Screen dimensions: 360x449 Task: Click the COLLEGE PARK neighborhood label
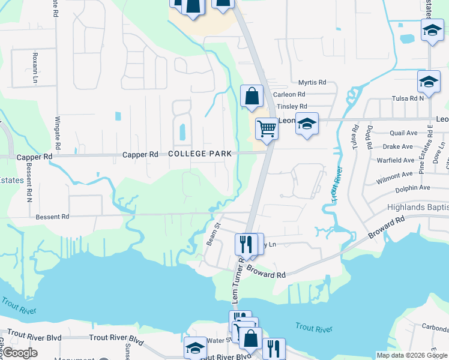click(200, 154)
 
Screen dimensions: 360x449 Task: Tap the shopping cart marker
click(267, 128)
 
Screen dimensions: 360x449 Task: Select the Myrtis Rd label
click(312, 82)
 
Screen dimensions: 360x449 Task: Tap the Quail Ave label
click(403, 133)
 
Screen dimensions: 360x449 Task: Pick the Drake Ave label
click(398, 146)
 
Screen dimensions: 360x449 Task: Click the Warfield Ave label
click(395, 160)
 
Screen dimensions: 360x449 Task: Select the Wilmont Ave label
click(394, 175)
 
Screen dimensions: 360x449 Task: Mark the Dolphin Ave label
click(413, 188)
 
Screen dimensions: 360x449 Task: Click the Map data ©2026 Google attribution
click(412, 355)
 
